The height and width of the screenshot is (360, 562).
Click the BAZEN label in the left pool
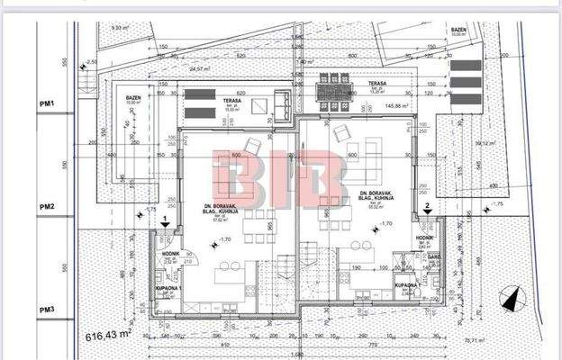pyautogui.click(x=133, y=98)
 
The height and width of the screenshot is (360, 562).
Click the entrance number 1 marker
pyautogui.click(x=164, y=219)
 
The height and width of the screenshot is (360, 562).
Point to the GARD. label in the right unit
pyautogui.click(x=433, y=256)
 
